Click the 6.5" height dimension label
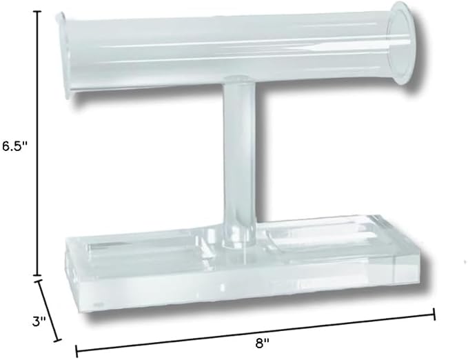click(x=14, y=146)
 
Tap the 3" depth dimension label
click(x=39, y=321)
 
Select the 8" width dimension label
click(x=263, y=343)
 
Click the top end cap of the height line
click(x=37, y=11)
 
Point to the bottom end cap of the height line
click(x=37, y=275)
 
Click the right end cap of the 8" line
click(x=434, y=314)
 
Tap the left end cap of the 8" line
click(x=77, y=351)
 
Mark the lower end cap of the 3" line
click(x=57, y=340)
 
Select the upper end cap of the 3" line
click(x=38, y=281)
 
